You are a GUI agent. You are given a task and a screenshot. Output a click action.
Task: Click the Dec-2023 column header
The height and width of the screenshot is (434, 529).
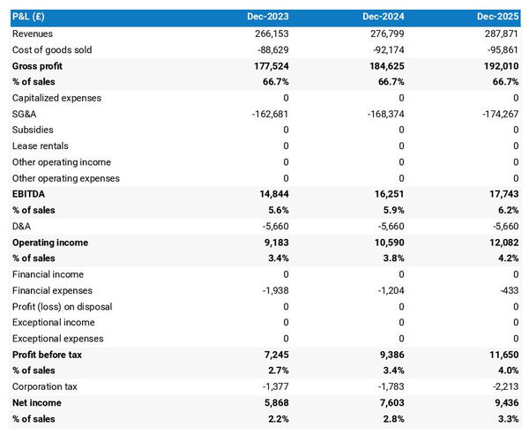point(268,17)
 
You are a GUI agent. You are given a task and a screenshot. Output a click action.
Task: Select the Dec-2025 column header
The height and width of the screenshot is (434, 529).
point(498,17)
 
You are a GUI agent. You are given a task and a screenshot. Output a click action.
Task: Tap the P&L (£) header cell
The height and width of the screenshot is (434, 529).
point(32,17)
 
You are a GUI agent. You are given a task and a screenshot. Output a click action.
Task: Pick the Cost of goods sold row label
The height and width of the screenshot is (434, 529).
point(52,49)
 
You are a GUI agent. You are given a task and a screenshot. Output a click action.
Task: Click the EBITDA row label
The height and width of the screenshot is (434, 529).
point(30,194)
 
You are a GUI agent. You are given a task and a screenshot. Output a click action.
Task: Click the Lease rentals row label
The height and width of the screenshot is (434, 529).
point(41,146)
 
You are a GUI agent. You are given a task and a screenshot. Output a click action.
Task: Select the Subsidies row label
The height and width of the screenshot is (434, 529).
point(34,130)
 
